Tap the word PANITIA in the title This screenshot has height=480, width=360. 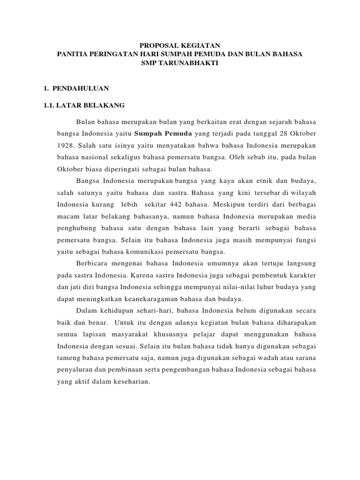click(x=72, y=54)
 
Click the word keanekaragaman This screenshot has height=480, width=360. click(x=164, y=299)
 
